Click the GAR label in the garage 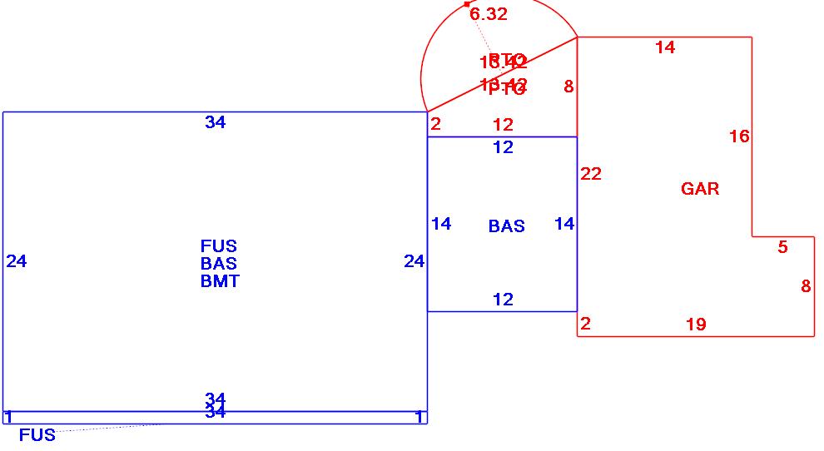[700, 189]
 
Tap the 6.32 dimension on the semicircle [488, 14]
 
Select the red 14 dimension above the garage [665, 47]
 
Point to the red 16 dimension [739, 136]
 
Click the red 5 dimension [782, 247]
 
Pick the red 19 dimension [696, 325]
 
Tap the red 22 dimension [591, 174]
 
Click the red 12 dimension [503, 125]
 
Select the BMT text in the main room [220, 281]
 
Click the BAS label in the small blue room [506, 226]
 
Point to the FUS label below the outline [37, 435]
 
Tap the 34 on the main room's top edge [215, 122]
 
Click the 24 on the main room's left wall [17, 261]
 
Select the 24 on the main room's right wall [414, 261]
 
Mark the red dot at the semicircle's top [467, 4]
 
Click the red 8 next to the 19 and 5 [806, 286]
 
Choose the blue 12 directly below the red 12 [503, 147]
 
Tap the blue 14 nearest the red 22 [564, 223]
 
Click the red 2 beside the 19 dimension [585, 324]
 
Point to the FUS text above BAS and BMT [219, 246]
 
